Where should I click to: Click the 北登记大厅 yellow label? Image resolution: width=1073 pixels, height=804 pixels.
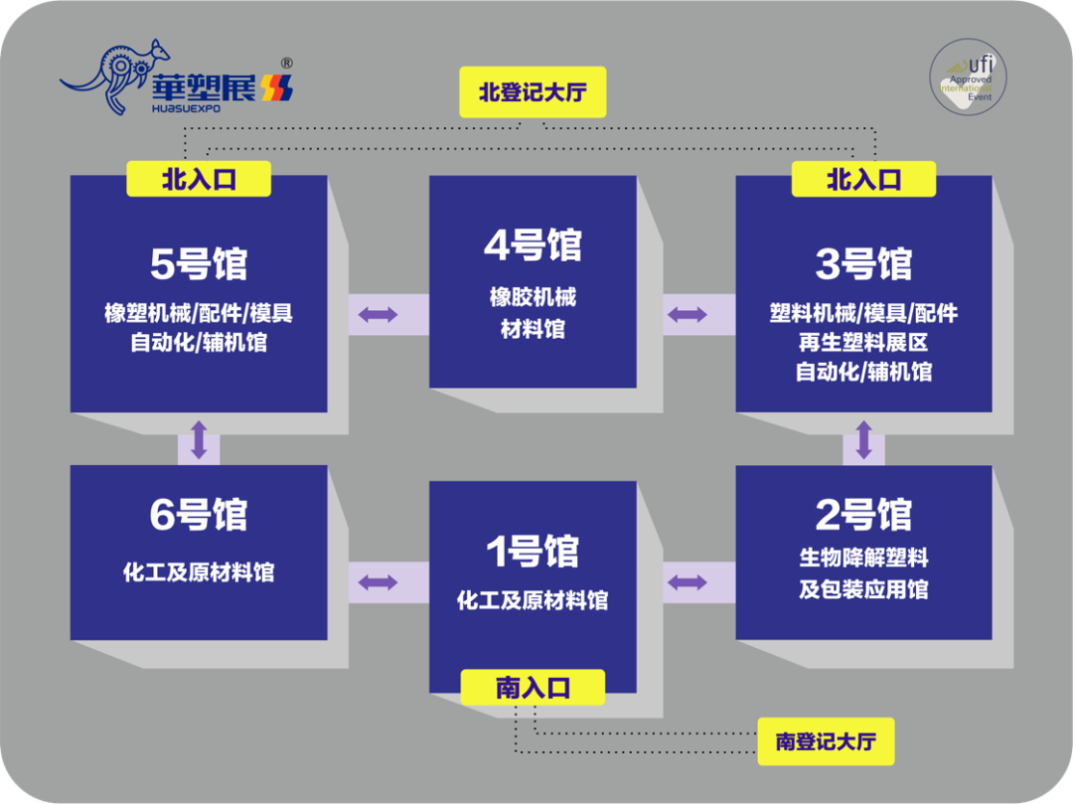click(x=533, y=92)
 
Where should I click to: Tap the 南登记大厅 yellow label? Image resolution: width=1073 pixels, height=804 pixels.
click(x=826, y=741)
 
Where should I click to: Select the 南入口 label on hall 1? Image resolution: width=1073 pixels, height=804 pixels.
click(x=534, y=688)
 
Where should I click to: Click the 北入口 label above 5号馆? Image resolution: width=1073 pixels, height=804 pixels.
click(x=199, y=179)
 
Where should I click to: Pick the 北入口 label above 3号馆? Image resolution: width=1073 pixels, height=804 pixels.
click(x=863, y=179)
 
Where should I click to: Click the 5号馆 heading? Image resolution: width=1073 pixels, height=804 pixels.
click(x=199, y=263)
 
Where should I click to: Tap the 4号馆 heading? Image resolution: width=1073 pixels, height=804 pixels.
click(x=533, y=245)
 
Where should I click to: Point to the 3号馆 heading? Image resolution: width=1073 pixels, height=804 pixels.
click(x=863, y=263)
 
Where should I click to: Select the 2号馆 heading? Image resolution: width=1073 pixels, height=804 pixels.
click(x=863, y=515)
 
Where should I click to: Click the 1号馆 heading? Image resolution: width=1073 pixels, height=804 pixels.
click(x=533, y=552)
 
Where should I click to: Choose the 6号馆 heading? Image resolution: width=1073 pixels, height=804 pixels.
click(x=199, y=515)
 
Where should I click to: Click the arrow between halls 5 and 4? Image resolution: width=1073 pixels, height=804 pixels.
click(x=379, y=315)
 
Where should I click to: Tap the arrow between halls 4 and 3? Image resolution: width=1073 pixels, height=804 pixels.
click(x=687, y=315)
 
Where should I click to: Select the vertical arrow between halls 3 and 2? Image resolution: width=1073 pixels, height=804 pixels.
click(x=863, y=439)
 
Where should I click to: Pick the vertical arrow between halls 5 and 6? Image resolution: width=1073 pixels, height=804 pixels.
click(x=199, y=439)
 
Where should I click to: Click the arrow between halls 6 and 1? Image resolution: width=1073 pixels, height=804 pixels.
click(x=379, y=581)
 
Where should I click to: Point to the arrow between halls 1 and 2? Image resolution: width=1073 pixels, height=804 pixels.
click(x=687, y=581)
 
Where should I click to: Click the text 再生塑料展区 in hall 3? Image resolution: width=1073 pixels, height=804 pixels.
click(x=863, y=343)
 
